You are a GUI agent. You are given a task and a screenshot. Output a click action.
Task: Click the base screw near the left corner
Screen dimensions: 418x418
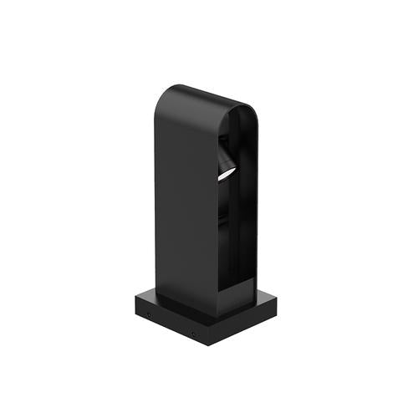tap(148, 316)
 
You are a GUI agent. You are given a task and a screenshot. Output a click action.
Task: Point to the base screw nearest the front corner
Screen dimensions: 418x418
tap(192, 334)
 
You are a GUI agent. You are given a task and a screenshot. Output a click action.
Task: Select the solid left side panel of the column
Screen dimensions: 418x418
tap(186, 209)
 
